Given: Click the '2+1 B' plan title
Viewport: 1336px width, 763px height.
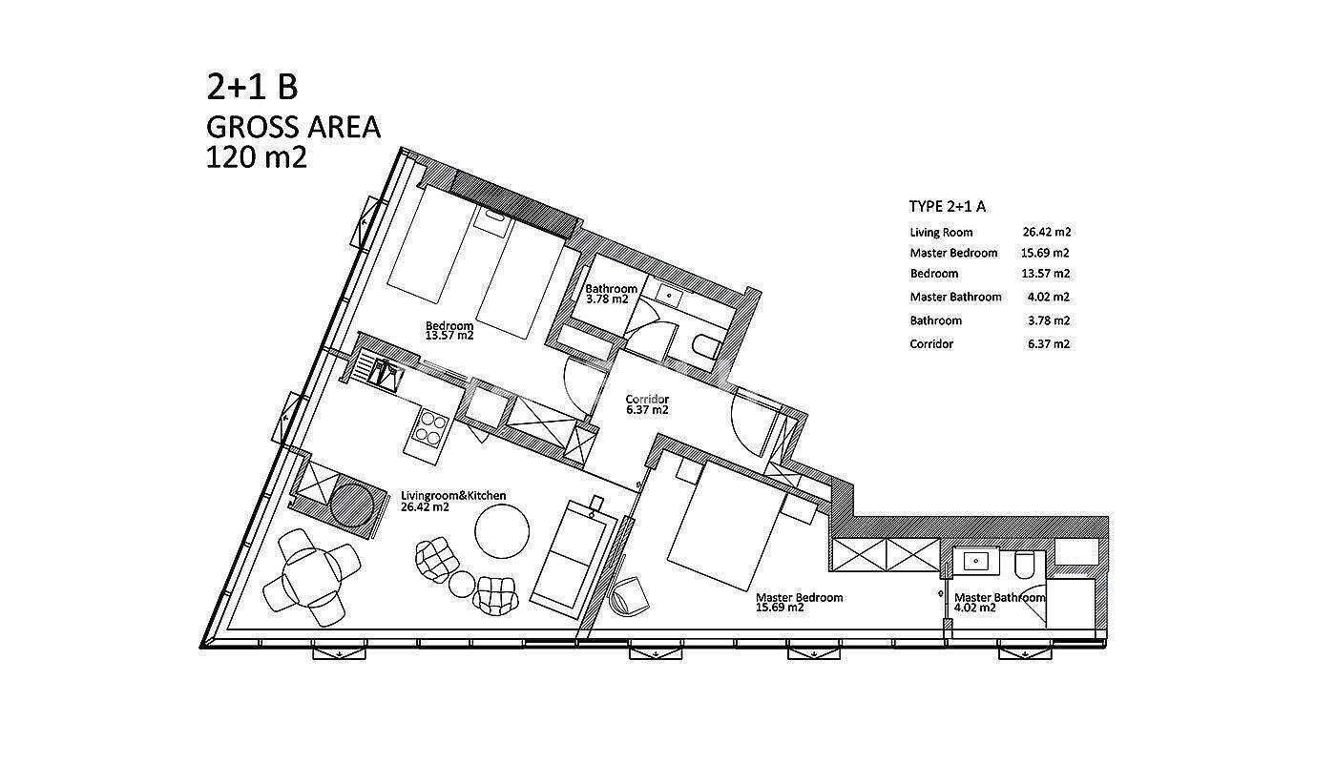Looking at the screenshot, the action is click(x=252, y=87).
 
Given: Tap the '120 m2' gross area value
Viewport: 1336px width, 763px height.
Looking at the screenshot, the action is click(x=256, y=157).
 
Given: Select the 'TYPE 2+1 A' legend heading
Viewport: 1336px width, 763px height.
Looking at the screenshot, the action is click(x=947, y=207).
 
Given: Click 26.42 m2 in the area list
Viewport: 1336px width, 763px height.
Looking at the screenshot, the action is click(x=1047, y=232).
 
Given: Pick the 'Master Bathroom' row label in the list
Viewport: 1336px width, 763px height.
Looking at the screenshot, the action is click(x=955, y=297).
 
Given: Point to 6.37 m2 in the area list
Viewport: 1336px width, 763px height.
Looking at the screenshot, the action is click(x=1049, y=344).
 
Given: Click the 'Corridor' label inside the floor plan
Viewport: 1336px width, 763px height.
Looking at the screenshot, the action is click(x=647, y=399).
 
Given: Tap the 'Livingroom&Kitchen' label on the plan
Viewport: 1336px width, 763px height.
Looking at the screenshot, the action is click(x=453, y=495).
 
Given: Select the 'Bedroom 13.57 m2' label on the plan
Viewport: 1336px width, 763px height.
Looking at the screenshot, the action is click(x=449, y=330).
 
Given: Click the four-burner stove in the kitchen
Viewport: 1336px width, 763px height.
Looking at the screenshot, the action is click(x=430, y=428).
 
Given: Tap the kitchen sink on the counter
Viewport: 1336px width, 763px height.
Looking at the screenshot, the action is click(x=386, y=374).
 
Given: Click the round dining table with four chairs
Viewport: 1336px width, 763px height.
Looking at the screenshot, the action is click(x=311, y=578).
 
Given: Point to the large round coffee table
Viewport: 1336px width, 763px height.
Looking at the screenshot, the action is click(x=502, y=531).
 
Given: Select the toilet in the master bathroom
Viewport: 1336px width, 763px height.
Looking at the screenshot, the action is click(x=1025, y=564).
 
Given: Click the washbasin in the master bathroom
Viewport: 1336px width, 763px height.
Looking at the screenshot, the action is click(x=975, y=561).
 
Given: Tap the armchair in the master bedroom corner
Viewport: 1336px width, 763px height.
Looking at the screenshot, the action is click(x=629, y=595).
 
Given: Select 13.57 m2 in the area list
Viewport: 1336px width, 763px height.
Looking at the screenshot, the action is click(x=1046, y=274).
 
